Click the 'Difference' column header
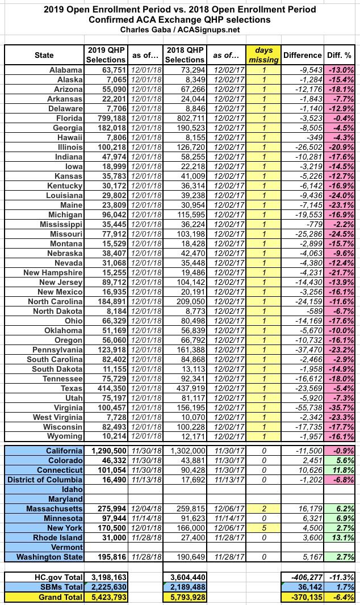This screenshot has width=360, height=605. coord(303,55)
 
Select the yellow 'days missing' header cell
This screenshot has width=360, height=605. coord(263,55)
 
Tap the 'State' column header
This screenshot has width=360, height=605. coord(44,55)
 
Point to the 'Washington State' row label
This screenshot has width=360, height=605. coord(51,557)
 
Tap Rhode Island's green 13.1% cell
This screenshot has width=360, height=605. coord(343,537)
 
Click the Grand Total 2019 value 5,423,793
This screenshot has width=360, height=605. coord(107,597)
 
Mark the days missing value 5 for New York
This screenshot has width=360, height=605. coord(263,528)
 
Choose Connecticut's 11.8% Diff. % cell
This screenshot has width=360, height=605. coord(343,470)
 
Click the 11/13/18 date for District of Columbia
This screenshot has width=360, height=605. coord(145,480)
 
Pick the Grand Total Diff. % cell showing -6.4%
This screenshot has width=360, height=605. coord(343,597)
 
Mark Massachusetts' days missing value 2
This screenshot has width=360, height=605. coord(263,509)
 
